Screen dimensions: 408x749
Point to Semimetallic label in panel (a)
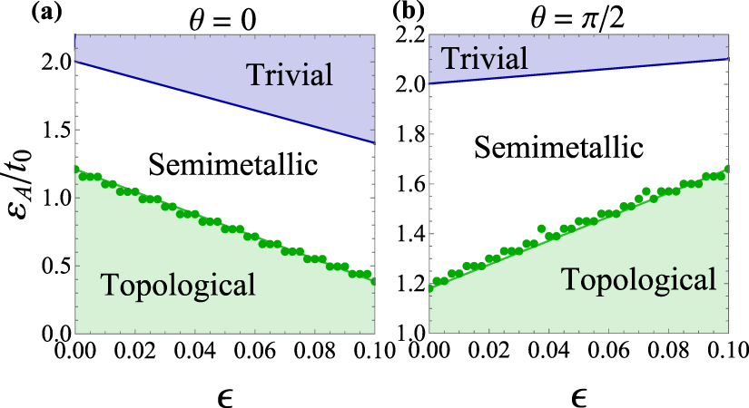(x=232, y=165)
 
